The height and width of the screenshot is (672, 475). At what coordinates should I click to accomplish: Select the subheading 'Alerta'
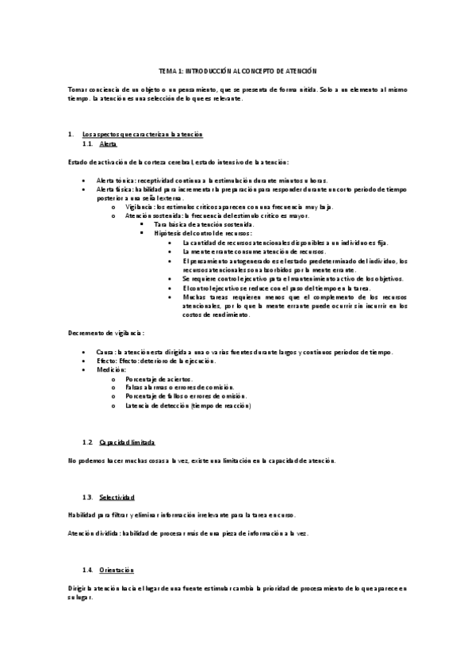tap(109, 147)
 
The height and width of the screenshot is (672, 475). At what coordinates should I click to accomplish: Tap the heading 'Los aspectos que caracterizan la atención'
tap(143, 135)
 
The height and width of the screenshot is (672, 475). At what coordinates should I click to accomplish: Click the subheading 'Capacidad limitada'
tap(127, 440)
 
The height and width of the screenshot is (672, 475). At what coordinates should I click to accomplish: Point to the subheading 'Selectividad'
tap(117, 496)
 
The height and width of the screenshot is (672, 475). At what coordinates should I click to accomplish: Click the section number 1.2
tap(89, 440)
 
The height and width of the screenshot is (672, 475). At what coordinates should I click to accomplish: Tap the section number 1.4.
tap(89, 570)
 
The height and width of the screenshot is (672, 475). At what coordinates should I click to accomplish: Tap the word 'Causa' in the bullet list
tap(105, 352)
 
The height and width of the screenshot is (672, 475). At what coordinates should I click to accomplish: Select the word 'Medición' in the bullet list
tap(109, 369)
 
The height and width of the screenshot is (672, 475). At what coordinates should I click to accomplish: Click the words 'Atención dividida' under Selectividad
tap(92, 533)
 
